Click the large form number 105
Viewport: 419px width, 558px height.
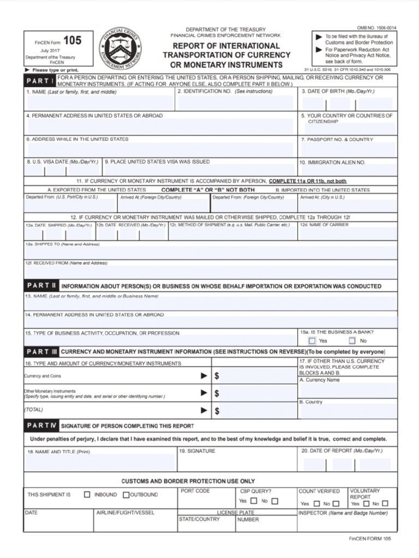(x=72, y=40)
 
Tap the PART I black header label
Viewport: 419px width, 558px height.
(x=39, y=81)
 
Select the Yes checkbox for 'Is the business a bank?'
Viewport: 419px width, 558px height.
(x=312, y=341)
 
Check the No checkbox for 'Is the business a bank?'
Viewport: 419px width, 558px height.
(x=352, y=341)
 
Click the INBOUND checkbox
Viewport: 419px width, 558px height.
(x=87, y=495)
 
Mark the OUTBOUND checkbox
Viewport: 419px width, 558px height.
(x=126, y=495)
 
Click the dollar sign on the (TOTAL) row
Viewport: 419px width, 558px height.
(x=217, y=411)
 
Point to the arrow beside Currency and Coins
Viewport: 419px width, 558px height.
(x=204, y=376)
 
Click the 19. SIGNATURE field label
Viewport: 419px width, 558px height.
(x=197, y=451)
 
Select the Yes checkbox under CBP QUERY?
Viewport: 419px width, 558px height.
(x=254, y=501)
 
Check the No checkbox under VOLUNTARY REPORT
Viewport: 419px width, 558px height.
(x=385, y=504)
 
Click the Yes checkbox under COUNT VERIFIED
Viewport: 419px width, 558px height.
(x=315, y=504)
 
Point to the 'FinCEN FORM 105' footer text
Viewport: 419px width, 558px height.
(x=370, y=538)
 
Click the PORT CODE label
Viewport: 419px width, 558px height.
(x=195, y=491)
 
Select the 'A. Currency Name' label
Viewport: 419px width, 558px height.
(x=319, y=380)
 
